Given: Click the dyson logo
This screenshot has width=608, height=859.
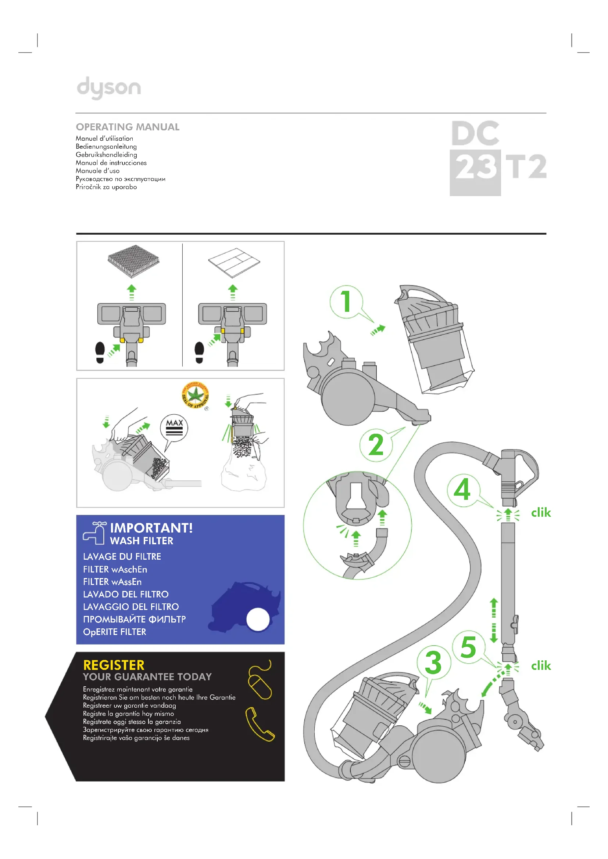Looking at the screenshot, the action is (108, 87).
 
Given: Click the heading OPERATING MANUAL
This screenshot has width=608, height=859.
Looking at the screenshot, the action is (128, 127).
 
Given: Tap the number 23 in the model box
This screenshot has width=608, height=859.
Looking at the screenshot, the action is (475, 167).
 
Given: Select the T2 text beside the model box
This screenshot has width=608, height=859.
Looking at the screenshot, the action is (526, 167).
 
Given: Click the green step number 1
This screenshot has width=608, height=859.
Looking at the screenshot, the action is (346, 301).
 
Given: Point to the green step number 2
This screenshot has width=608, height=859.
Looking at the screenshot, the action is (376, 445).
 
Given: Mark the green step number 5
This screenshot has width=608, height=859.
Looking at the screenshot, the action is (468, 647).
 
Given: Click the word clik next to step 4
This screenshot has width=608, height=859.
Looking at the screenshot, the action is (541, 513).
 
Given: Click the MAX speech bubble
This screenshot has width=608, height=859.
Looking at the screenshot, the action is (174, 427).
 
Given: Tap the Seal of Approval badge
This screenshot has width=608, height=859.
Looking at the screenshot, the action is (195, 395).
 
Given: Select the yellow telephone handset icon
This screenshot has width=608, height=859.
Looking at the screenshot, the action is (260, 724).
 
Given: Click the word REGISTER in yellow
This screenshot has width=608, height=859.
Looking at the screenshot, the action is (114, 665).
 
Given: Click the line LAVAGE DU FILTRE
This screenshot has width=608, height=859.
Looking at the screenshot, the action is (122, 557).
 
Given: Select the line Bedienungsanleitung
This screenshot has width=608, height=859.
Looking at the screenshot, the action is (106, 147).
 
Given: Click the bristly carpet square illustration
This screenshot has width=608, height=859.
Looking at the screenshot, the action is (133, 261).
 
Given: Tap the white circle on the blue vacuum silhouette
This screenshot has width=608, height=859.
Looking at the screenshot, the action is (258, 619).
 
